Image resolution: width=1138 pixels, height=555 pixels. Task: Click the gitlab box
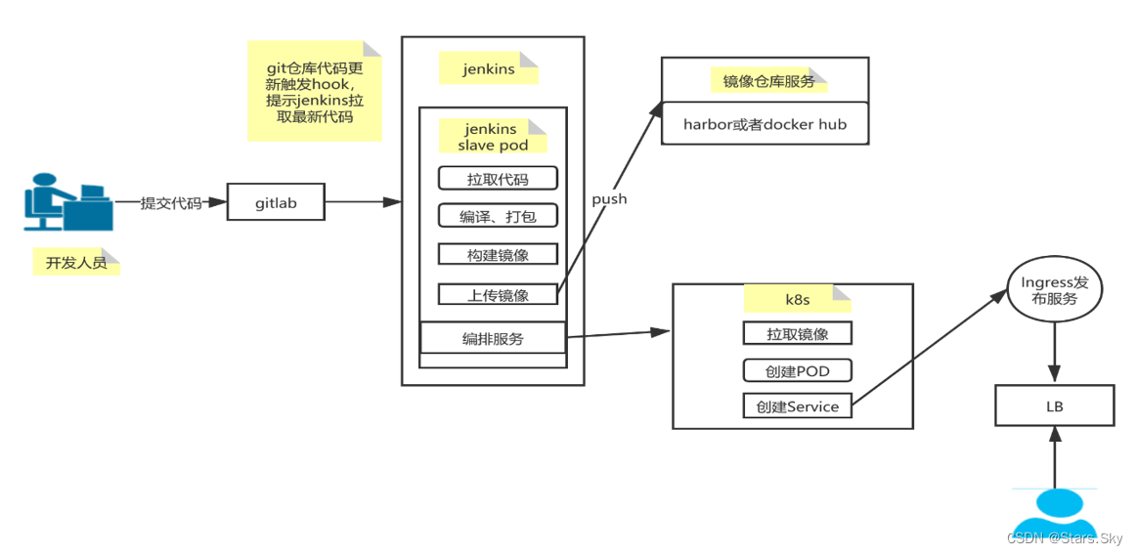coord(276,203)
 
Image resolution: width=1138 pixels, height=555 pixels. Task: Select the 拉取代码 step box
coord(498,178)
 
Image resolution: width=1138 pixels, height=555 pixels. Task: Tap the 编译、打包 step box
coord(498,216)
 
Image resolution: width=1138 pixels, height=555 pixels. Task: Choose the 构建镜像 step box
coord(498,254)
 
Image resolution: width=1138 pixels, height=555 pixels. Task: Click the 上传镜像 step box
coord(498,294)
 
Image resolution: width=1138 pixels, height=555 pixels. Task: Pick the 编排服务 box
coord(493,338)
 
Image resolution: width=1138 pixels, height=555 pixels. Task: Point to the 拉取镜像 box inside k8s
coord(797,333)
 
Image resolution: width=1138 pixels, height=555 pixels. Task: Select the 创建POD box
coord(797,370)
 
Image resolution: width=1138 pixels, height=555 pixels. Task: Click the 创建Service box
coord(797,406)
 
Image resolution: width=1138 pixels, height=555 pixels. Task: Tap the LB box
coord(1054,405)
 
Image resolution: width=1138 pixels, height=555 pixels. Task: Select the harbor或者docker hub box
coord(765,124)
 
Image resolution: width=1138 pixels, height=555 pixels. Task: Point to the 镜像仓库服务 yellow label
coord(769,81)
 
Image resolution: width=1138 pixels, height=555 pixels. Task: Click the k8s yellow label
coord(790,297)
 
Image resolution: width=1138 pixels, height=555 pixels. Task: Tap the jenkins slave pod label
coord(493,137)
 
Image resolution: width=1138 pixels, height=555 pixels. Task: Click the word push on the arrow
coord(609,198)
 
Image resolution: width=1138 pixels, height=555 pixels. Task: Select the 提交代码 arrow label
coord(171,203)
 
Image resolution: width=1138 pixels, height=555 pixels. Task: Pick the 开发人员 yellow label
coord(76,262)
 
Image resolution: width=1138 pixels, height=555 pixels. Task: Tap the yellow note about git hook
coord(313,91)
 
